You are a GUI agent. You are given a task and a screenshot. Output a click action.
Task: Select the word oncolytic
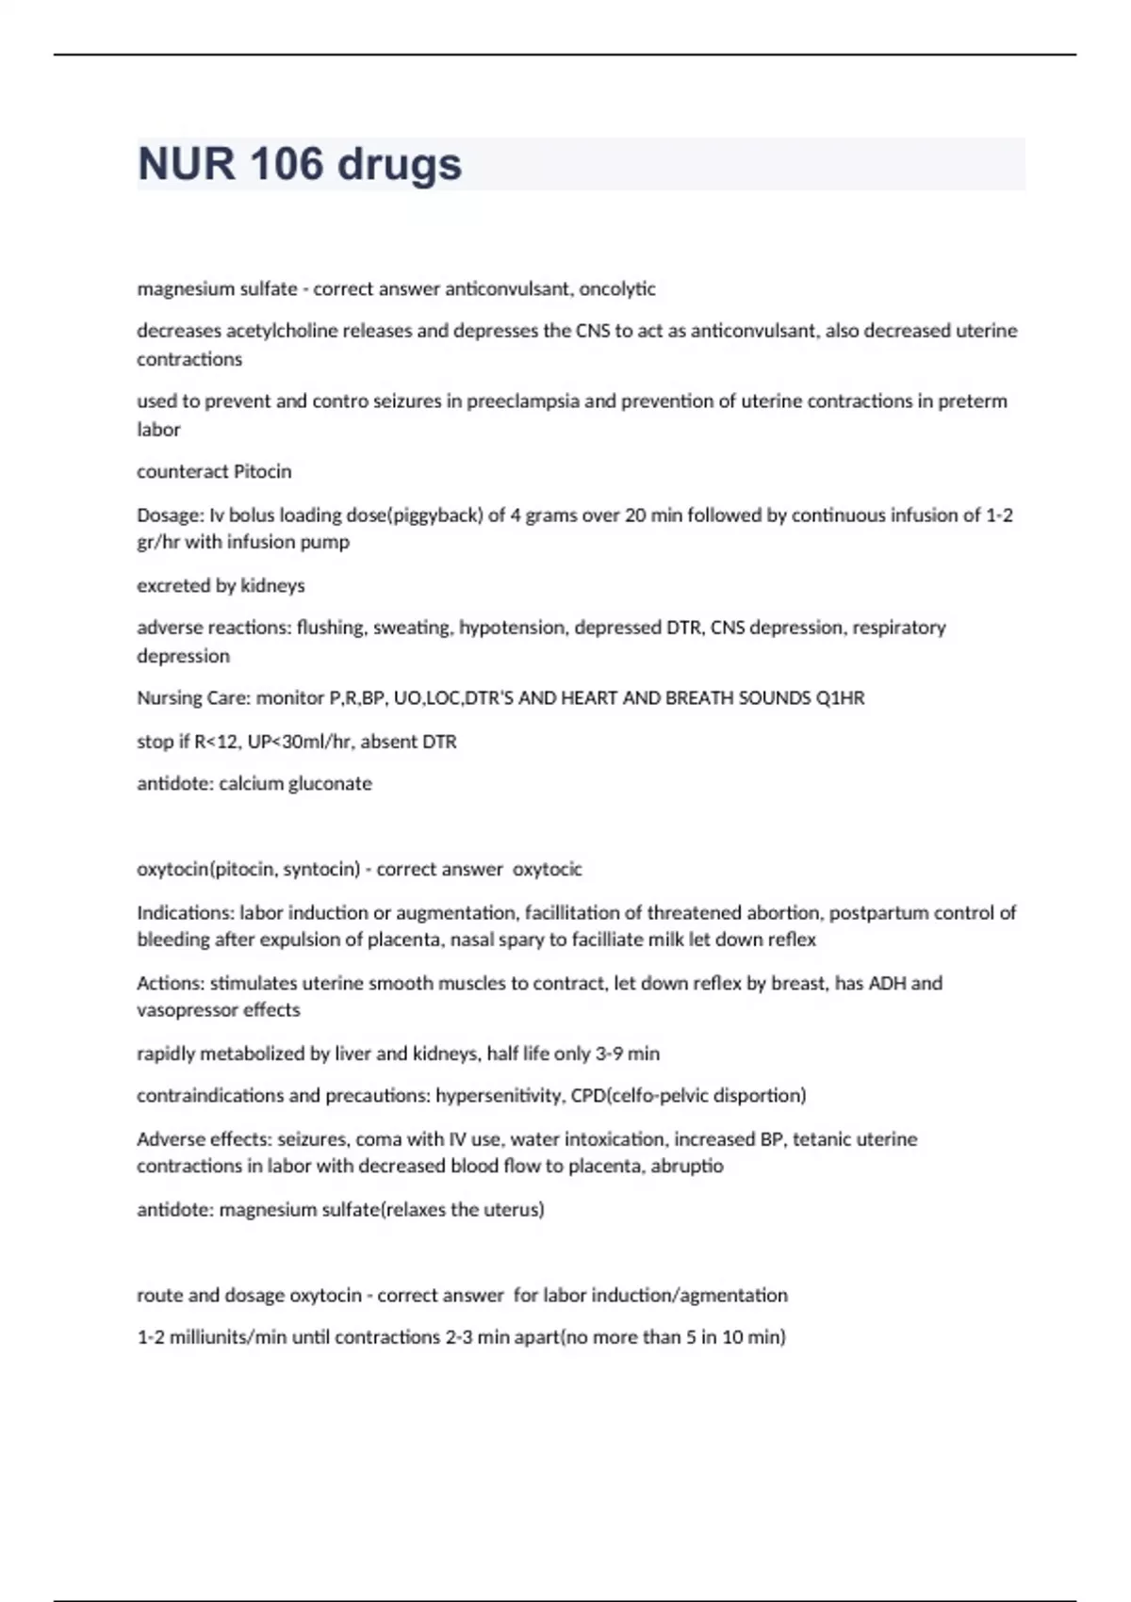[x=617, y=289]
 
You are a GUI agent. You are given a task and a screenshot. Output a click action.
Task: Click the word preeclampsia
[x=523, y=401]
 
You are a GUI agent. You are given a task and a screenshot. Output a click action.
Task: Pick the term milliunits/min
[x=225, y=1337]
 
